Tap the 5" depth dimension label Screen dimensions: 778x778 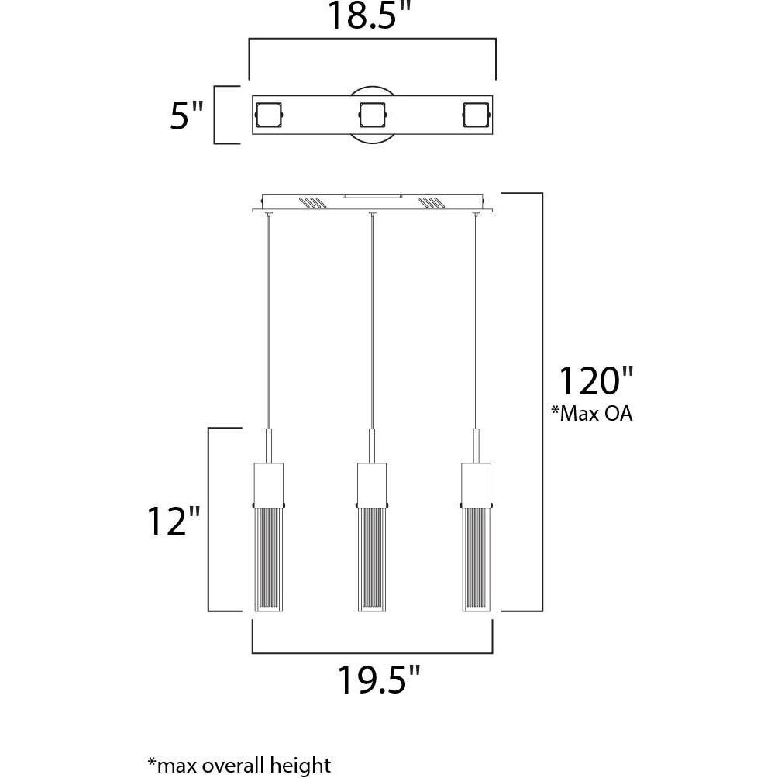[186, 116]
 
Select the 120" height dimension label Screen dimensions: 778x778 [596, 382]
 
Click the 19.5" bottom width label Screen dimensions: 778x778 [378, 680]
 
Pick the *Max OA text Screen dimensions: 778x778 [591, 415]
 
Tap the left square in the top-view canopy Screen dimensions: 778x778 [268, 116]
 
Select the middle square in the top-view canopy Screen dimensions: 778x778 [372, 116]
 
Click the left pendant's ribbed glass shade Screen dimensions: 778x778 [268, 558]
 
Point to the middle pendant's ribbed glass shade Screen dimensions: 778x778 [372, 558]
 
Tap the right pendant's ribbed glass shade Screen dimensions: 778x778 [476, 558]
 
